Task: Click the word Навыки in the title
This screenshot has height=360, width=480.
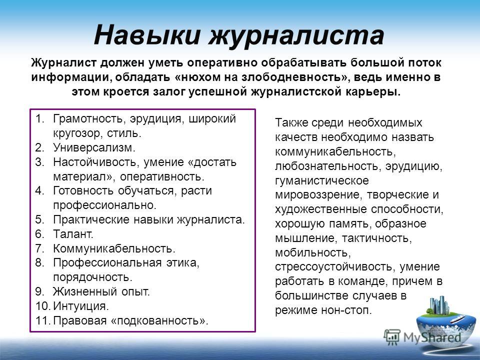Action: pos(147,34)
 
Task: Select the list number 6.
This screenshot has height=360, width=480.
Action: pos(40,234)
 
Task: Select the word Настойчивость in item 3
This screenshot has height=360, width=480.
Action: pos(95,162)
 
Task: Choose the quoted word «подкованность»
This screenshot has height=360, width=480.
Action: pos(159,321)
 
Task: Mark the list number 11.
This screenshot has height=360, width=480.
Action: pos(42,321)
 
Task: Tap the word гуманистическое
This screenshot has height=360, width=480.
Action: pos(321,180)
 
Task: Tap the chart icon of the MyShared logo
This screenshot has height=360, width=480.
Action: pos(392,337)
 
